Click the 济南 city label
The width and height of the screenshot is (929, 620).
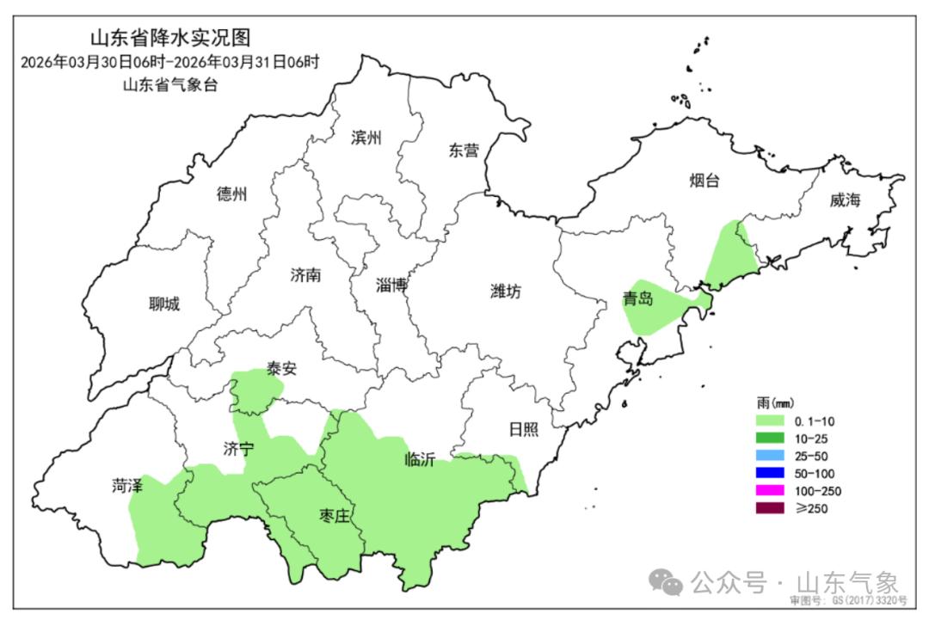coord(305,275)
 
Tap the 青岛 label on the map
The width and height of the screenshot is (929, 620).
coord(638,300)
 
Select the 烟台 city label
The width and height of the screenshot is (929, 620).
coord(704,181)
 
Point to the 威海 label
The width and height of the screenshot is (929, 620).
coord(845,200)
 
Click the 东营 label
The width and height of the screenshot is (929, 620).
coord(463,150)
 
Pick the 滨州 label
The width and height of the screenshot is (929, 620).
coord(366,138)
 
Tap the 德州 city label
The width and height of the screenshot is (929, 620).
coord(231,194)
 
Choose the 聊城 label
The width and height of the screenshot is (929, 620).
coord(164,304)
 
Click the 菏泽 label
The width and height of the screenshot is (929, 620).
coord(126,485)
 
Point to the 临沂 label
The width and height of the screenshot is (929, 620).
coord(419,459)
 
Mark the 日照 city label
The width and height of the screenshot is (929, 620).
coord(522,428)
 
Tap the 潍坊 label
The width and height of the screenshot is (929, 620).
coord(505,292)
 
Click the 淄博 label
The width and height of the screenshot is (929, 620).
coord(392,285)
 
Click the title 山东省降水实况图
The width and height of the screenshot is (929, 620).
coord(169,38)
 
